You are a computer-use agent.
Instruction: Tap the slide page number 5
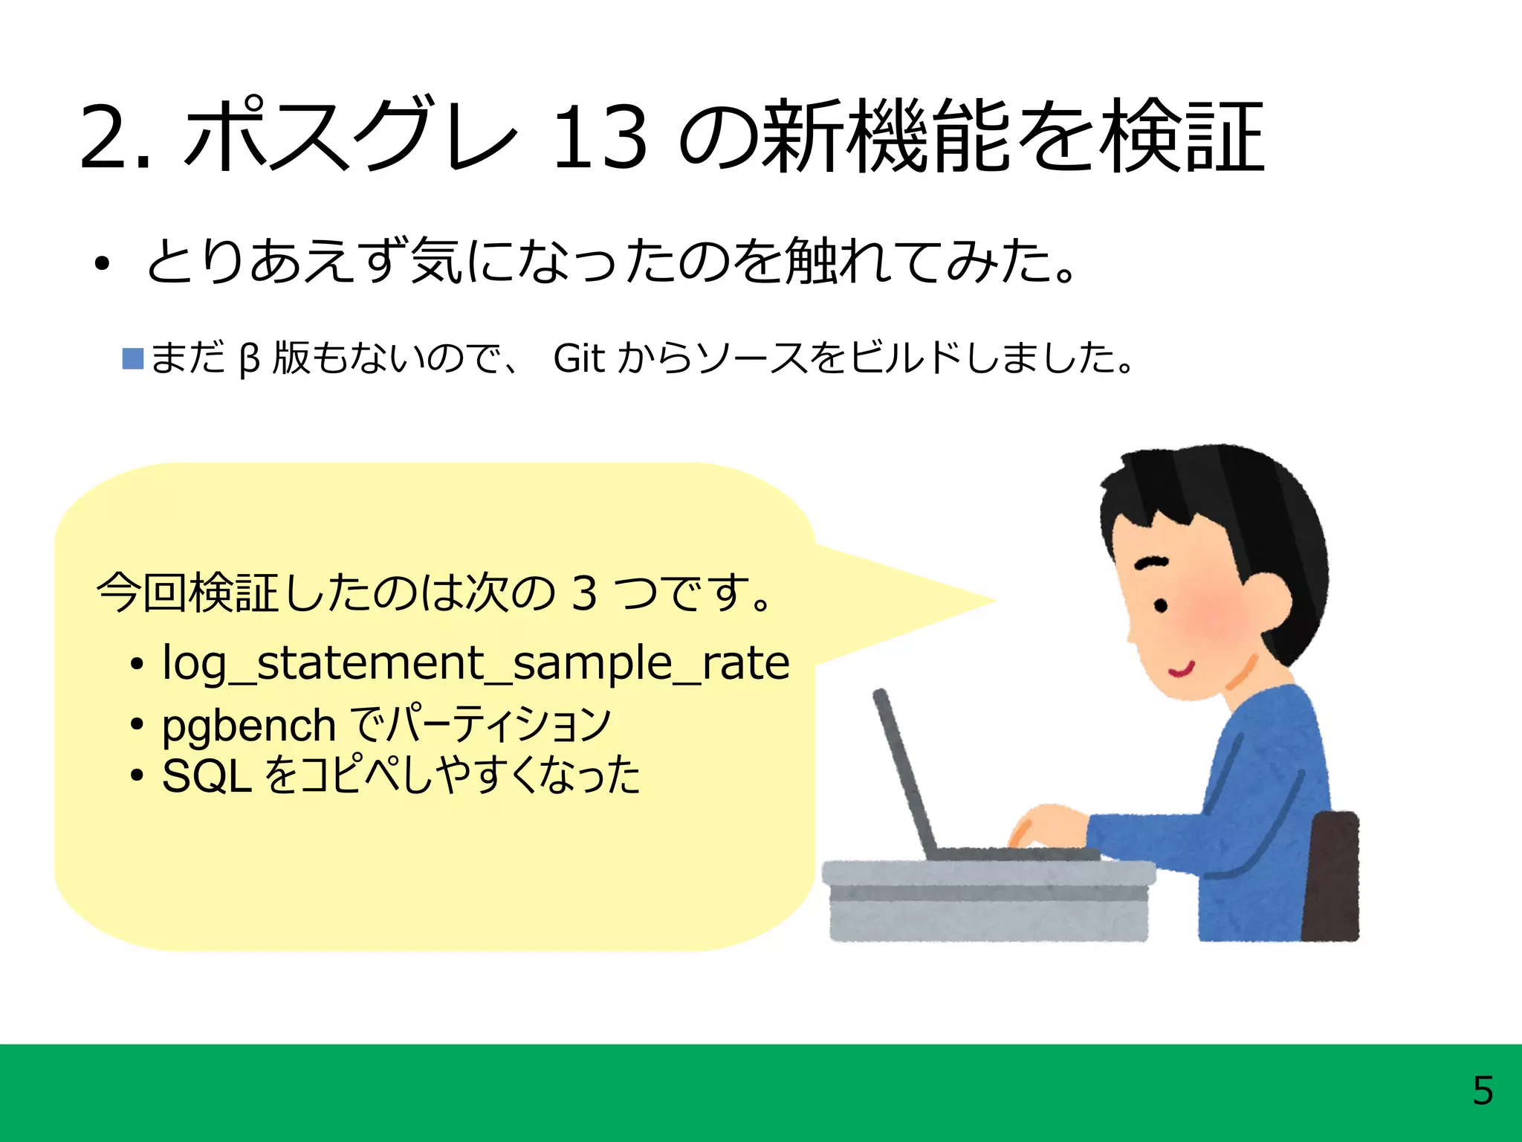[x=1482, y=1091]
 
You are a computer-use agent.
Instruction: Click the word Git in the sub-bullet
[x=580, y=358]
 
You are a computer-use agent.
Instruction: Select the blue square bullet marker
[x=133, y=358]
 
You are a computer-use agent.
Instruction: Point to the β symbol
[x=249, y=360]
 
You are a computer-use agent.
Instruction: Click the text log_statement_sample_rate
[x=476, y=662]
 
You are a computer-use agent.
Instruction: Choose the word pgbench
[x=249, y=726]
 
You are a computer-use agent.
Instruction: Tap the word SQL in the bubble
[x=206, y=776]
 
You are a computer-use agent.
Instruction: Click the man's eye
[x=1160, y=606]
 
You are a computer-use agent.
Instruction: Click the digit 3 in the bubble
[x=584, y=593]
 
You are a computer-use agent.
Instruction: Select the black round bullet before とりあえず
[x=102, y=263]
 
